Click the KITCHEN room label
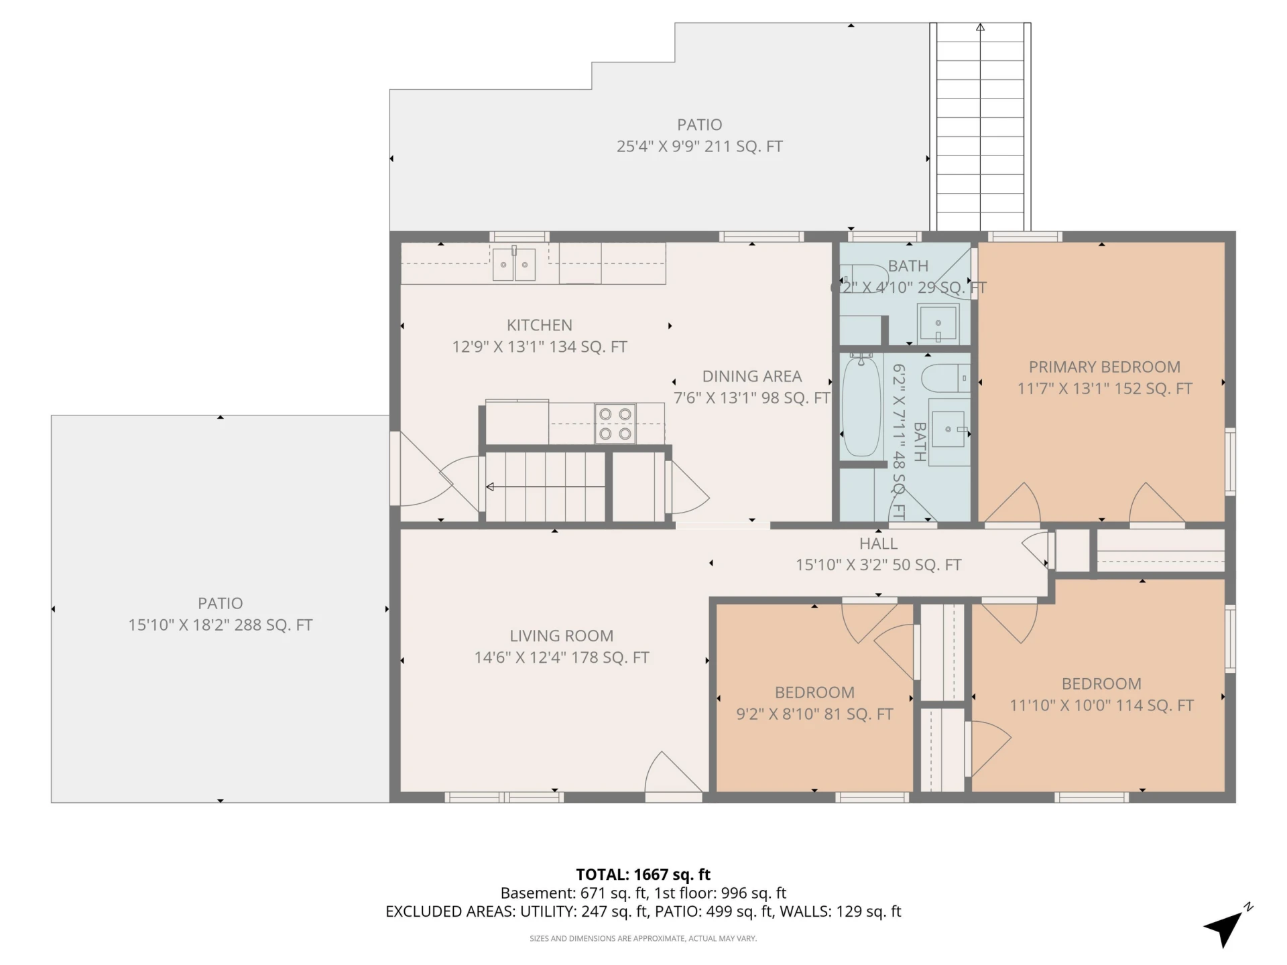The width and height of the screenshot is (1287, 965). point(540,325)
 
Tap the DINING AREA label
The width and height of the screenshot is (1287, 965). point(752,376)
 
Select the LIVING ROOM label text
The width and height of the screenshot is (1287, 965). point(562,635)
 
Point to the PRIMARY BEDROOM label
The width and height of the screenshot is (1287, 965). point(1105,367)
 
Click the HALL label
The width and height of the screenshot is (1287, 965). point(879,543)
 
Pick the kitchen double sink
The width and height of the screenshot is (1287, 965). point(514,264)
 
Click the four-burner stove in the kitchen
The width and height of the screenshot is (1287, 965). point(615,424)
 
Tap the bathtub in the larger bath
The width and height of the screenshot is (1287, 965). point(861,406)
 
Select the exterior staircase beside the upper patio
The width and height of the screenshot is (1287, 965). point(980,127)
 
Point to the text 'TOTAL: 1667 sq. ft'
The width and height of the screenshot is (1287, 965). point(643,875)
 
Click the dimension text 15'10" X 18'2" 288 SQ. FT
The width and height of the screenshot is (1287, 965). point(221,625)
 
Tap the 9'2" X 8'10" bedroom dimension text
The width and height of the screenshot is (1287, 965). point(815,714)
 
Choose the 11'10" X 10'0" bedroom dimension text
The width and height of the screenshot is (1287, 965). point(1102,706)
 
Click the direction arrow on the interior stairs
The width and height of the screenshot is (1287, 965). point(546,487)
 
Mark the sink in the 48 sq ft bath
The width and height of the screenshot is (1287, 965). point(948,429)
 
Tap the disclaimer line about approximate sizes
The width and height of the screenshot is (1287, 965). point(643,938)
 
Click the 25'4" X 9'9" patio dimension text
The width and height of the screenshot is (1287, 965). point(700,147)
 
